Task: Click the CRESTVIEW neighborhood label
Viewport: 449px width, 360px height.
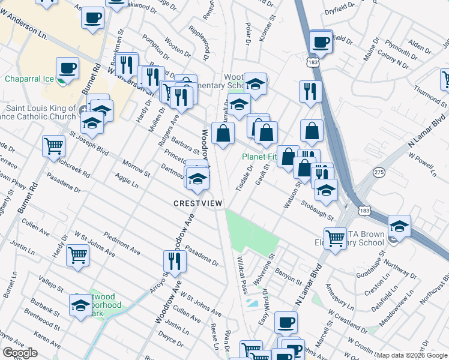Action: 198,203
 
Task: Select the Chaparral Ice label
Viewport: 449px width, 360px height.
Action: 29,79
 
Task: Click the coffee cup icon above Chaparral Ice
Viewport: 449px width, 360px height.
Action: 67,68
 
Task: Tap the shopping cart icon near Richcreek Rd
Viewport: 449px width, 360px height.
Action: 53,145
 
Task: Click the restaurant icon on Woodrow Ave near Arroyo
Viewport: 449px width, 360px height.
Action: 175,261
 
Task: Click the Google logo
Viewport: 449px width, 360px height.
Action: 20,353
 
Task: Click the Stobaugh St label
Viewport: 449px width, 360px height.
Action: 319,206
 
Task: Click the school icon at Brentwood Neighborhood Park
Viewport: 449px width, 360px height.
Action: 80,305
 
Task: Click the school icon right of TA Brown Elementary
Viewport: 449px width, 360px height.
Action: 399,226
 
